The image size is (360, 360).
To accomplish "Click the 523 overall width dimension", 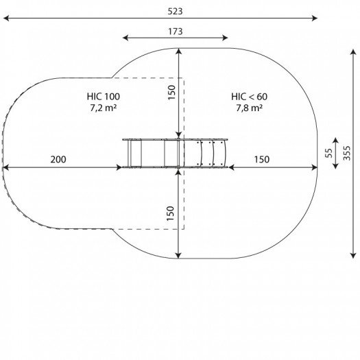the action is click(x=175, y=11).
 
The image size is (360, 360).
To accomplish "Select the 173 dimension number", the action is click(x=175, y=32).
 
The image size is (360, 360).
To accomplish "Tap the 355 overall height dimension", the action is click(x=347, y=153).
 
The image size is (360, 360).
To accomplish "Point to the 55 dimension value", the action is click(x=329, y=153).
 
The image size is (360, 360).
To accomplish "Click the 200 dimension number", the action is click(x=58, y=159).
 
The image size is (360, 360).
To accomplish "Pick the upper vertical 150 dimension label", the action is click(x=171, y=93).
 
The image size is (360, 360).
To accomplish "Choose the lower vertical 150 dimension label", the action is click(x=170, y=213).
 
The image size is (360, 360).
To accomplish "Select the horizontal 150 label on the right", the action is click(x=262, y=159).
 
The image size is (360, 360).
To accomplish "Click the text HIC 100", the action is click(x=104, y=97).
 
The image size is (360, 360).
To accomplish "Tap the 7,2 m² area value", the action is click(x=104, y=108).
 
